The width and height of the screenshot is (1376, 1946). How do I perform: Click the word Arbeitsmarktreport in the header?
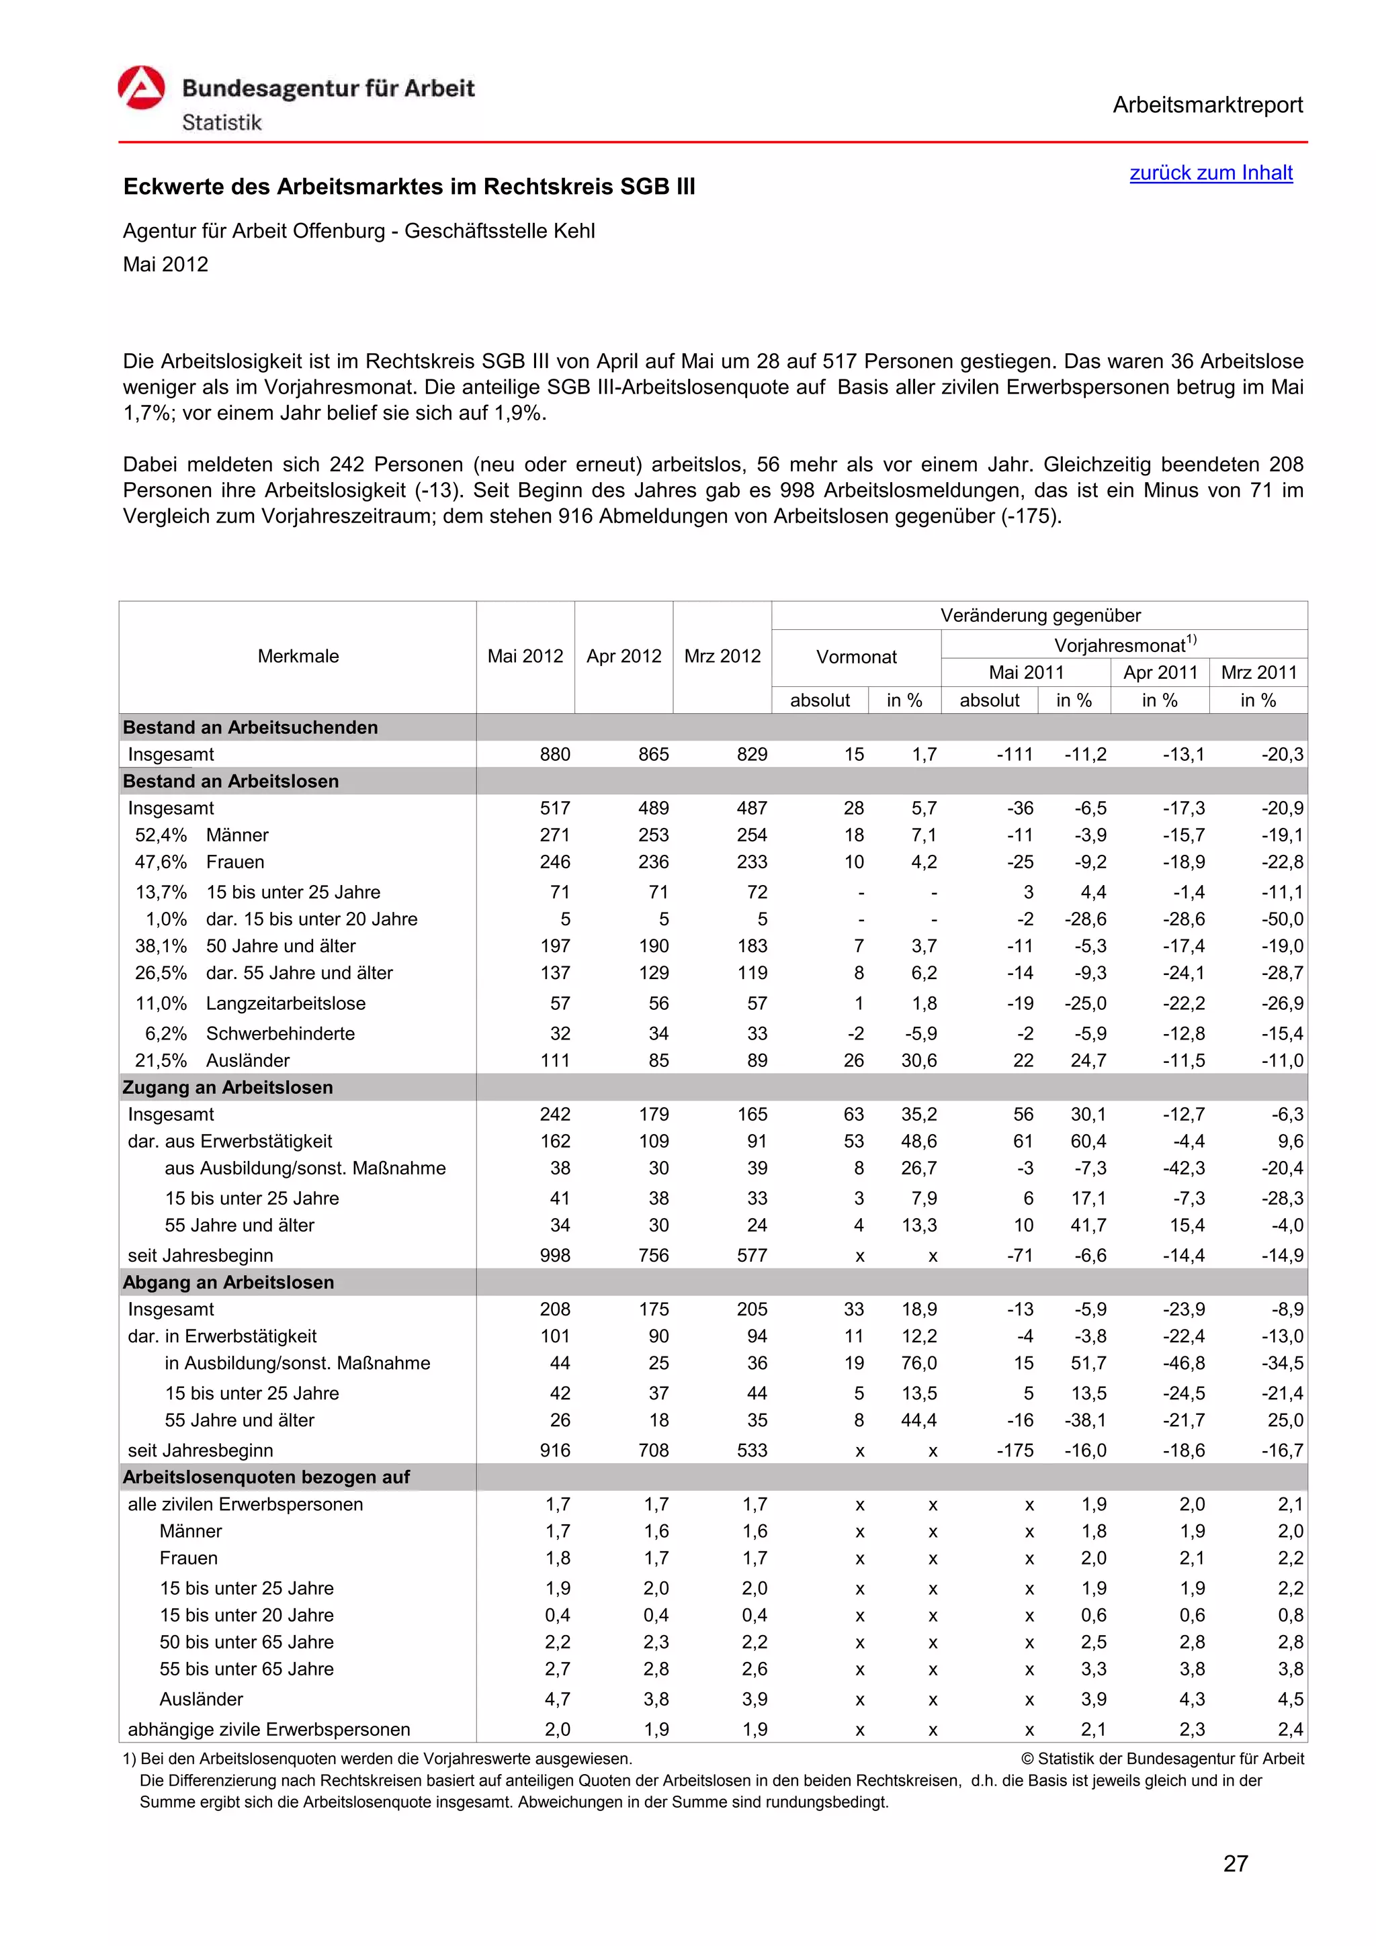(x=1207, y=105)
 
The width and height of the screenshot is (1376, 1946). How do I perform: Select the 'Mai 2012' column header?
(x=525, y=656)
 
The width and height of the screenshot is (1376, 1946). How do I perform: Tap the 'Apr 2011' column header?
(x=1159, y=672)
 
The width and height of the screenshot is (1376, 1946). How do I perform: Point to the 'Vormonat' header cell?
(x=855, y=657)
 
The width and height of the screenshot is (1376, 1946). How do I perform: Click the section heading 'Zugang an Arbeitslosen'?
(x=228, y=1086)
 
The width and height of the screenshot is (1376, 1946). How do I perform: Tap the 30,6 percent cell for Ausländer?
(x=918, y=1060)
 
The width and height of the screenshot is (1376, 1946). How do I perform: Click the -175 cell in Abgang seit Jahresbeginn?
(x=1014, y=1450)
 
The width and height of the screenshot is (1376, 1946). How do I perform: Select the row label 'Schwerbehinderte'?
(x=279, y=1033)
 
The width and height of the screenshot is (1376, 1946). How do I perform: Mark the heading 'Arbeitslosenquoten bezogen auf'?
(x=266, y=1477)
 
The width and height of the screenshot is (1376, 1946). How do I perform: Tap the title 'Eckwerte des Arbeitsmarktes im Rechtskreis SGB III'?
(x=408, y=187)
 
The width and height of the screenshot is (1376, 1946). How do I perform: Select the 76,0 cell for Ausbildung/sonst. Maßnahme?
(x=918, y=1363)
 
